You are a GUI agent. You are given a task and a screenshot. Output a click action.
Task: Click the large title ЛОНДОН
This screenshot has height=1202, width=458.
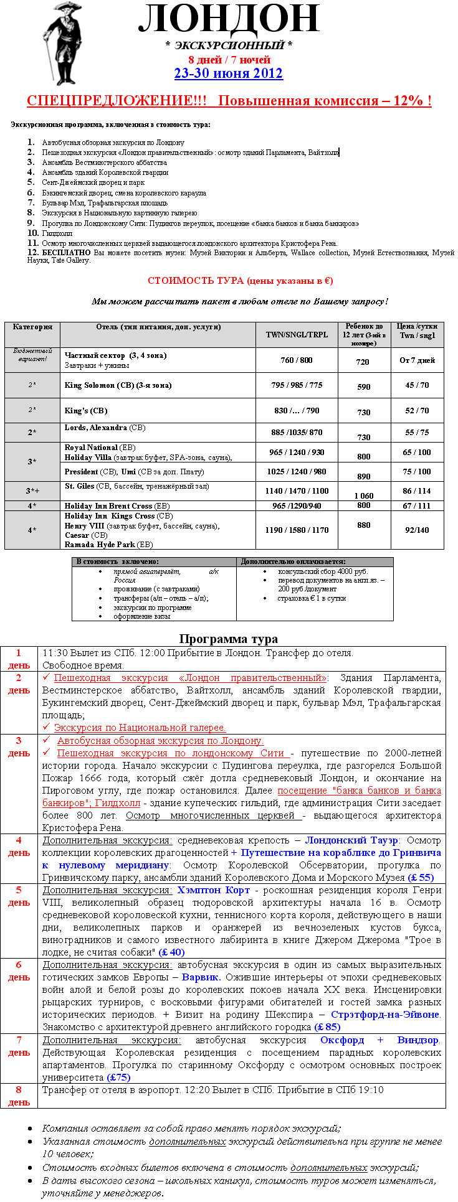click(229, 19)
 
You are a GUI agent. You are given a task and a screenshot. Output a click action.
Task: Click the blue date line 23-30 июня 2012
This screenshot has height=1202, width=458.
click(228, 73)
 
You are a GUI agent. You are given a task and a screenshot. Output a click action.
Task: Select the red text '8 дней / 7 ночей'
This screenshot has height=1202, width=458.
click(229, 60)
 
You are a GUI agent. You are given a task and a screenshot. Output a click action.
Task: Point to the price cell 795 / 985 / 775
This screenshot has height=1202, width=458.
click(297, 385)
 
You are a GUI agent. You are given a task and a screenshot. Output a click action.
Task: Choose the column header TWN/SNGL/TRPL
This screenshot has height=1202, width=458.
click(297, 334)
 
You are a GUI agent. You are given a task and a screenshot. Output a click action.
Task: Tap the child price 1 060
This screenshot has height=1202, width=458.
click(364, 496)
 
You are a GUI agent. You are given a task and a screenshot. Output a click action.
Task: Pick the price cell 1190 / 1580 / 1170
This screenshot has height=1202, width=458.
click(297, 530)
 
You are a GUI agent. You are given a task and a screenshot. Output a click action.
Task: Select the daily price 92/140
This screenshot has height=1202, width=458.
click(417, 530)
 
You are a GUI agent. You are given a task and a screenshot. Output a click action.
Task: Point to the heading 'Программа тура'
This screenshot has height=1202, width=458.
click(228, 639)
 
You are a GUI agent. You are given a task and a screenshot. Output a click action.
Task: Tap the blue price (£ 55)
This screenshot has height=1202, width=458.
click(421, 878)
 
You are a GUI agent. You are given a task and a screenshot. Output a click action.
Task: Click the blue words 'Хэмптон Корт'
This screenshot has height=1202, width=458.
click(213, 890)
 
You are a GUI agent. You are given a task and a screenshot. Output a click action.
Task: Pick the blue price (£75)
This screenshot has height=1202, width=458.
click(118, 1077)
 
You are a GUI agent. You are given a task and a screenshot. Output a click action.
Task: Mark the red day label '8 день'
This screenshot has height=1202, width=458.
click(19, 1096)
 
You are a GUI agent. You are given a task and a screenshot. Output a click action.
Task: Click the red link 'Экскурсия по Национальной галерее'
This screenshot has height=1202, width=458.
click(140, 728)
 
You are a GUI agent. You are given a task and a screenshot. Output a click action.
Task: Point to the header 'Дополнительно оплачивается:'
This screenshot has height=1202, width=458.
click(293, 561)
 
